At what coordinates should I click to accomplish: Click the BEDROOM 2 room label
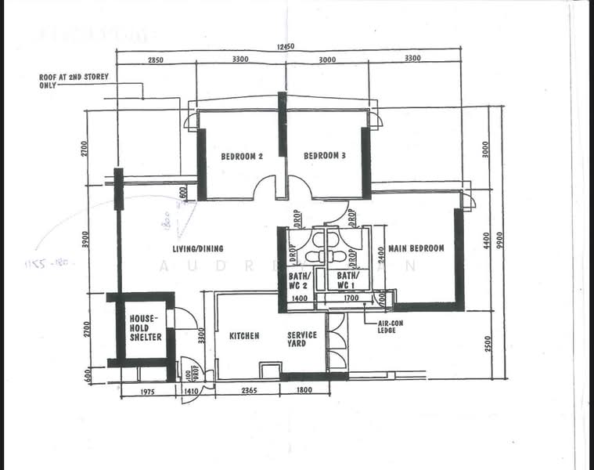click(241, 156)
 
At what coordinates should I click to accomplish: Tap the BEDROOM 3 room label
click(325, 156)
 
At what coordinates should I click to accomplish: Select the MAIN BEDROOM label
click(416, 248)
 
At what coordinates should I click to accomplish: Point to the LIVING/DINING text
click(198, 249)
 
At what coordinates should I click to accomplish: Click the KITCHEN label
click(244, 336)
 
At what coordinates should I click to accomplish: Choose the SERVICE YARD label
click(301, 339)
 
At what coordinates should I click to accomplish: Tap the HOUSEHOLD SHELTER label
click(146, 327)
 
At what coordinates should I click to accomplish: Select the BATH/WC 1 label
click(347, 280)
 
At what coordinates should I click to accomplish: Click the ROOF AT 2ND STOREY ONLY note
click(74, 81)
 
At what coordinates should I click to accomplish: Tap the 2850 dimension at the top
click(157, 60)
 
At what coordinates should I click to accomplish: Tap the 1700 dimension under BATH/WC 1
click(350, 298)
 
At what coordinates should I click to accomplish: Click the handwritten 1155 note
click(48, 263)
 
